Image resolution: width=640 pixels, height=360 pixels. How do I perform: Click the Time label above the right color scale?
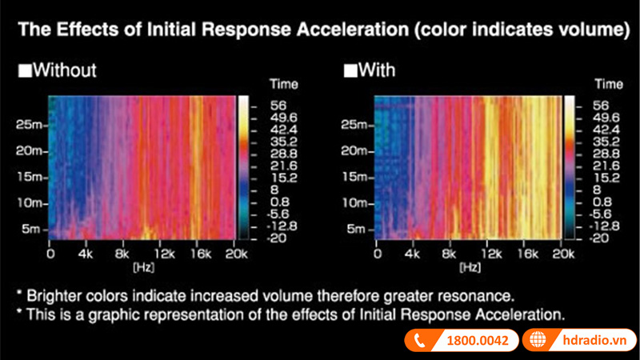[x=610, y=84]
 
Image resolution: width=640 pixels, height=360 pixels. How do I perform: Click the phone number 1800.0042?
[x=477, y=341]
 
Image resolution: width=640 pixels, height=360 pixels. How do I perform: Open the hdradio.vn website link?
[x=592, y=341]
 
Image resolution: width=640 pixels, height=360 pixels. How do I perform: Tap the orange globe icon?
[x=537, y=341]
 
